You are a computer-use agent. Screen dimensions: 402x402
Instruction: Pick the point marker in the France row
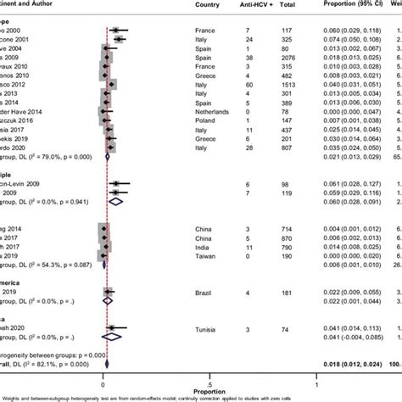coord(115,29)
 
